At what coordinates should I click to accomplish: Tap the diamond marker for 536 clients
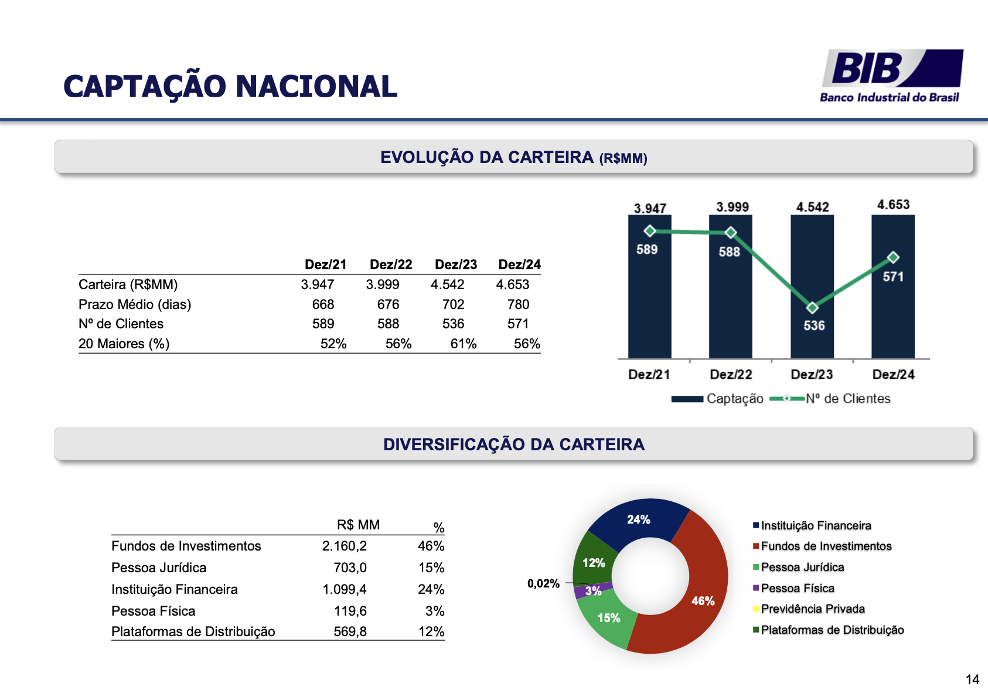[812, 308]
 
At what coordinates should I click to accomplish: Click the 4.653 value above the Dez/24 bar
[893, 205]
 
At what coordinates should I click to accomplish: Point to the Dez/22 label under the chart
[731, 375]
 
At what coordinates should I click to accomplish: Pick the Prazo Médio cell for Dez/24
[518, 304]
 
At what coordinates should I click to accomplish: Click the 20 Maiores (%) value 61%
[463, 344]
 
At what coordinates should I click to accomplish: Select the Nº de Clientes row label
[121, 324]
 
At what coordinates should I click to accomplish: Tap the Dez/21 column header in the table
[325, 264]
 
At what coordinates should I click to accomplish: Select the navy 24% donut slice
[639, 519]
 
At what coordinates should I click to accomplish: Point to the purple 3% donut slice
[593, 590]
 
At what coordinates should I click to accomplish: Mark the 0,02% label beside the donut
[543, 583]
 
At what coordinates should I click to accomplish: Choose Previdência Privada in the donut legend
[812, 609]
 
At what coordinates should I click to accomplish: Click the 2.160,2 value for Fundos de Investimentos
[344, 546]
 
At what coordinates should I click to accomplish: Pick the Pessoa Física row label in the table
[153, 611]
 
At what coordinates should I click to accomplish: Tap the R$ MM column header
[358, 525]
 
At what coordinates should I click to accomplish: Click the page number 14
[972, 680]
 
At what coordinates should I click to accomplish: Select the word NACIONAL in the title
[316, 86]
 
